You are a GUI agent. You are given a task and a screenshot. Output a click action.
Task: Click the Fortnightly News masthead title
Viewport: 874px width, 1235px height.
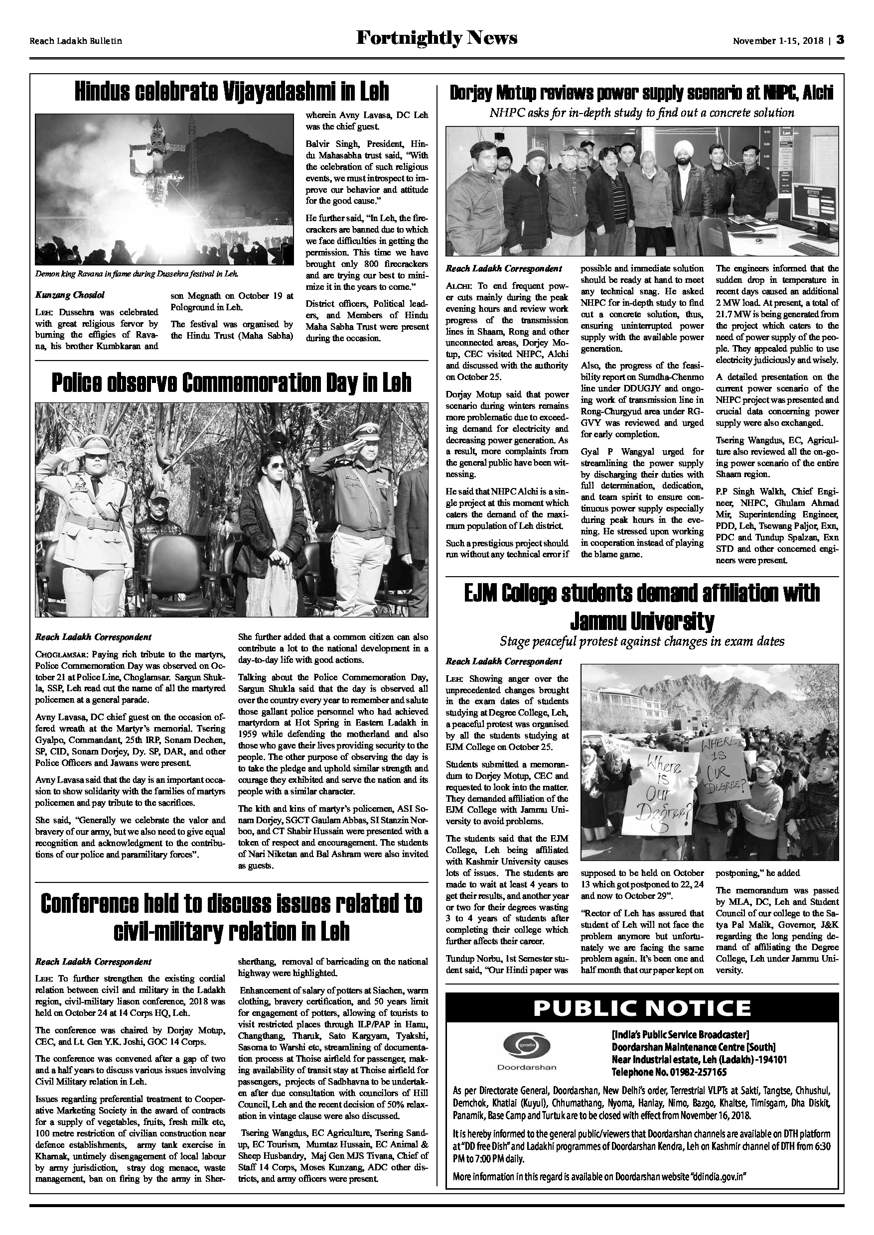tap(437, 38)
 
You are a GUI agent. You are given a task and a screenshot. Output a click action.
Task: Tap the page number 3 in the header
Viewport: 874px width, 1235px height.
tap(840, 40)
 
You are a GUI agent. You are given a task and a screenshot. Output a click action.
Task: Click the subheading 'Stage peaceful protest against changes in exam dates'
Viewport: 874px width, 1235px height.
tap(642, 641)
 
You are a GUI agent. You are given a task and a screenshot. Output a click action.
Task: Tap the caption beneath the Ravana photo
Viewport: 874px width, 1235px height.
tap(137, 273)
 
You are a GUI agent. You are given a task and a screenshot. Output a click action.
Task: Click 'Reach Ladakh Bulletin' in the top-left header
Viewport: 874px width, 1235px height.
tap(76, 41)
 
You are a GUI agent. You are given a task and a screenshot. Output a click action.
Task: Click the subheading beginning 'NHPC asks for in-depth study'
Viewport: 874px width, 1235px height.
tap(641, 113)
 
